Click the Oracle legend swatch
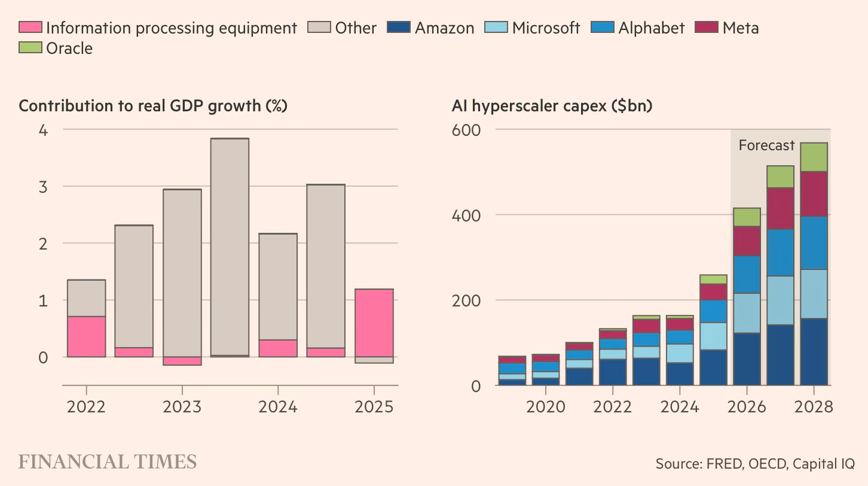point(30,47)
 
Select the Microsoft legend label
point(546,28)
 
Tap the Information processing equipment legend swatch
point(30,28)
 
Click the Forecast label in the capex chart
point(766,145)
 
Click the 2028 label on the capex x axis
point(814,407)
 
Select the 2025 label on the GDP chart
point(374,407)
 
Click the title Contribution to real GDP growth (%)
point(153,106)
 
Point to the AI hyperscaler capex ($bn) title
point(552,106)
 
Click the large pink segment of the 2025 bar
point(374,323)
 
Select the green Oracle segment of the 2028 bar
point(814,157)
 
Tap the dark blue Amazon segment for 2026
point(746,359)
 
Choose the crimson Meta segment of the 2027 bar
point(780,208)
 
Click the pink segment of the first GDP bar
point(86,336)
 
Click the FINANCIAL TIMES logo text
point(108,462)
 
